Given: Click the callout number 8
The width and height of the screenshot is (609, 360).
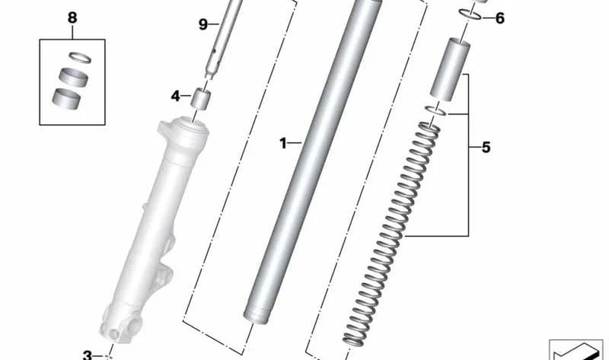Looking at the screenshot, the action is click(x=72, y=18).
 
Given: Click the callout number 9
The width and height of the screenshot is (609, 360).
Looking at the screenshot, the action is click(x=203, y=24).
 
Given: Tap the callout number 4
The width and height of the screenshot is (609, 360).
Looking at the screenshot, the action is click(x=176, y=96).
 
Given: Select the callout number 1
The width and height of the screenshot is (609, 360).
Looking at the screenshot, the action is click(x=283, y=143).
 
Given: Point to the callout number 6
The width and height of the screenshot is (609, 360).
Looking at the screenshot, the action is click(x=499, y=18).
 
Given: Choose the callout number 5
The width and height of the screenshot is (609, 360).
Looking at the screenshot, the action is click(x=486, y=147).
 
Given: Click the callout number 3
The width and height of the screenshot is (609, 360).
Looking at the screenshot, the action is click(x=88, y=355).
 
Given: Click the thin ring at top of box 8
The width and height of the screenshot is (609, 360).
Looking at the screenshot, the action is click(x=80, y=58).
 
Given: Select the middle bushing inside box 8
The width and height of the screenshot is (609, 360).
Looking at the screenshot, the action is click(x=73, y=77).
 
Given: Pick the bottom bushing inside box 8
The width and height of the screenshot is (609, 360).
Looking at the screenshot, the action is click(x=66, y=99).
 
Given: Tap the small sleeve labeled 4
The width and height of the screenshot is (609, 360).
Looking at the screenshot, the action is click(x=201, y=99).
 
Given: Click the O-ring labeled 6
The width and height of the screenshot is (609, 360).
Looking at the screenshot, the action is click(x=470, y=14).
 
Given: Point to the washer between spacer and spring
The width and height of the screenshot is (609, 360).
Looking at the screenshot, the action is click(x=435, y=110).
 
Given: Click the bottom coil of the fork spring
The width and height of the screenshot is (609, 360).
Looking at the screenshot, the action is click(x=354, y=341).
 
